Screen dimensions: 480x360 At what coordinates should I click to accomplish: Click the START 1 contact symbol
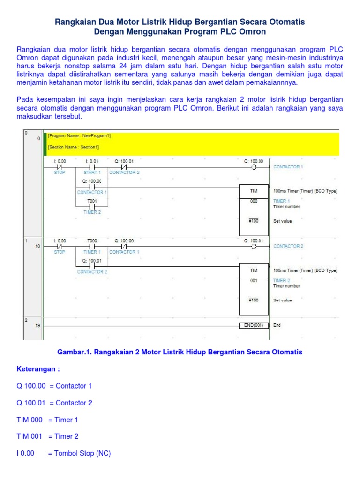point(92,167)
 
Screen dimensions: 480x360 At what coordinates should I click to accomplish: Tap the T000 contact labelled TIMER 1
point(92,246)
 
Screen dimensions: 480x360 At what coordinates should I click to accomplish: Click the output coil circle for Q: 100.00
point(254,167)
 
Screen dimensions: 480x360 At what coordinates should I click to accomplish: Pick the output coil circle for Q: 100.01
point(254,246)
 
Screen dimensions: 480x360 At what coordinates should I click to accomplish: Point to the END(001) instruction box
point(254,325)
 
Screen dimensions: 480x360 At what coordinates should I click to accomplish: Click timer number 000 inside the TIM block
point(254,201)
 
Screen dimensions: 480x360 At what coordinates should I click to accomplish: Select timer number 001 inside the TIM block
point(254,280)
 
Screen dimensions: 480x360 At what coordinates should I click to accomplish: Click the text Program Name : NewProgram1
point(79,136)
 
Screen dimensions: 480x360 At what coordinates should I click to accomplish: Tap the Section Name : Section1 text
point(73,147)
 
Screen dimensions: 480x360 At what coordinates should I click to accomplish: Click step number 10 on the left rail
point(37,246)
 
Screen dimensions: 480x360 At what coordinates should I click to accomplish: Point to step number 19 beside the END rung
point(37,325)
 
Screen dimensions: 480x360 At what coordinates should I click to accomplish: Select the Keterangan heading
point(38,369)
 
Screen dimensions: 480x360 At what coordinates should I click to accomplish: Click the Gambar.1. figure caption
point(180,352)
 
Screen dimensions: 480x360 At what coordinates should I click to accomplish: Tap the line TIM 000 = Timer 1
point(47,420)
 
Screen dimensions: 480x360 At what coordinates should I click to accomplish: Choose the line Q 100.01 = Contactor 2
point(54,403)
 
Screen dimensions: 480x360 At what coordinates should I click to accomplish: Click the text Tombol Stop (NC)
point(79,453)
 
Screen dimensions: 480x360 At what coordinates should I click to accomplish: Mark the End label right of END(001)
point(277,325)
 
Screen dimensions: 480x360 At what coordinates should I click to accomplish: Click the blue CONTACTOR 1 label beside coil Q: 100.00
point(288,167)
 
